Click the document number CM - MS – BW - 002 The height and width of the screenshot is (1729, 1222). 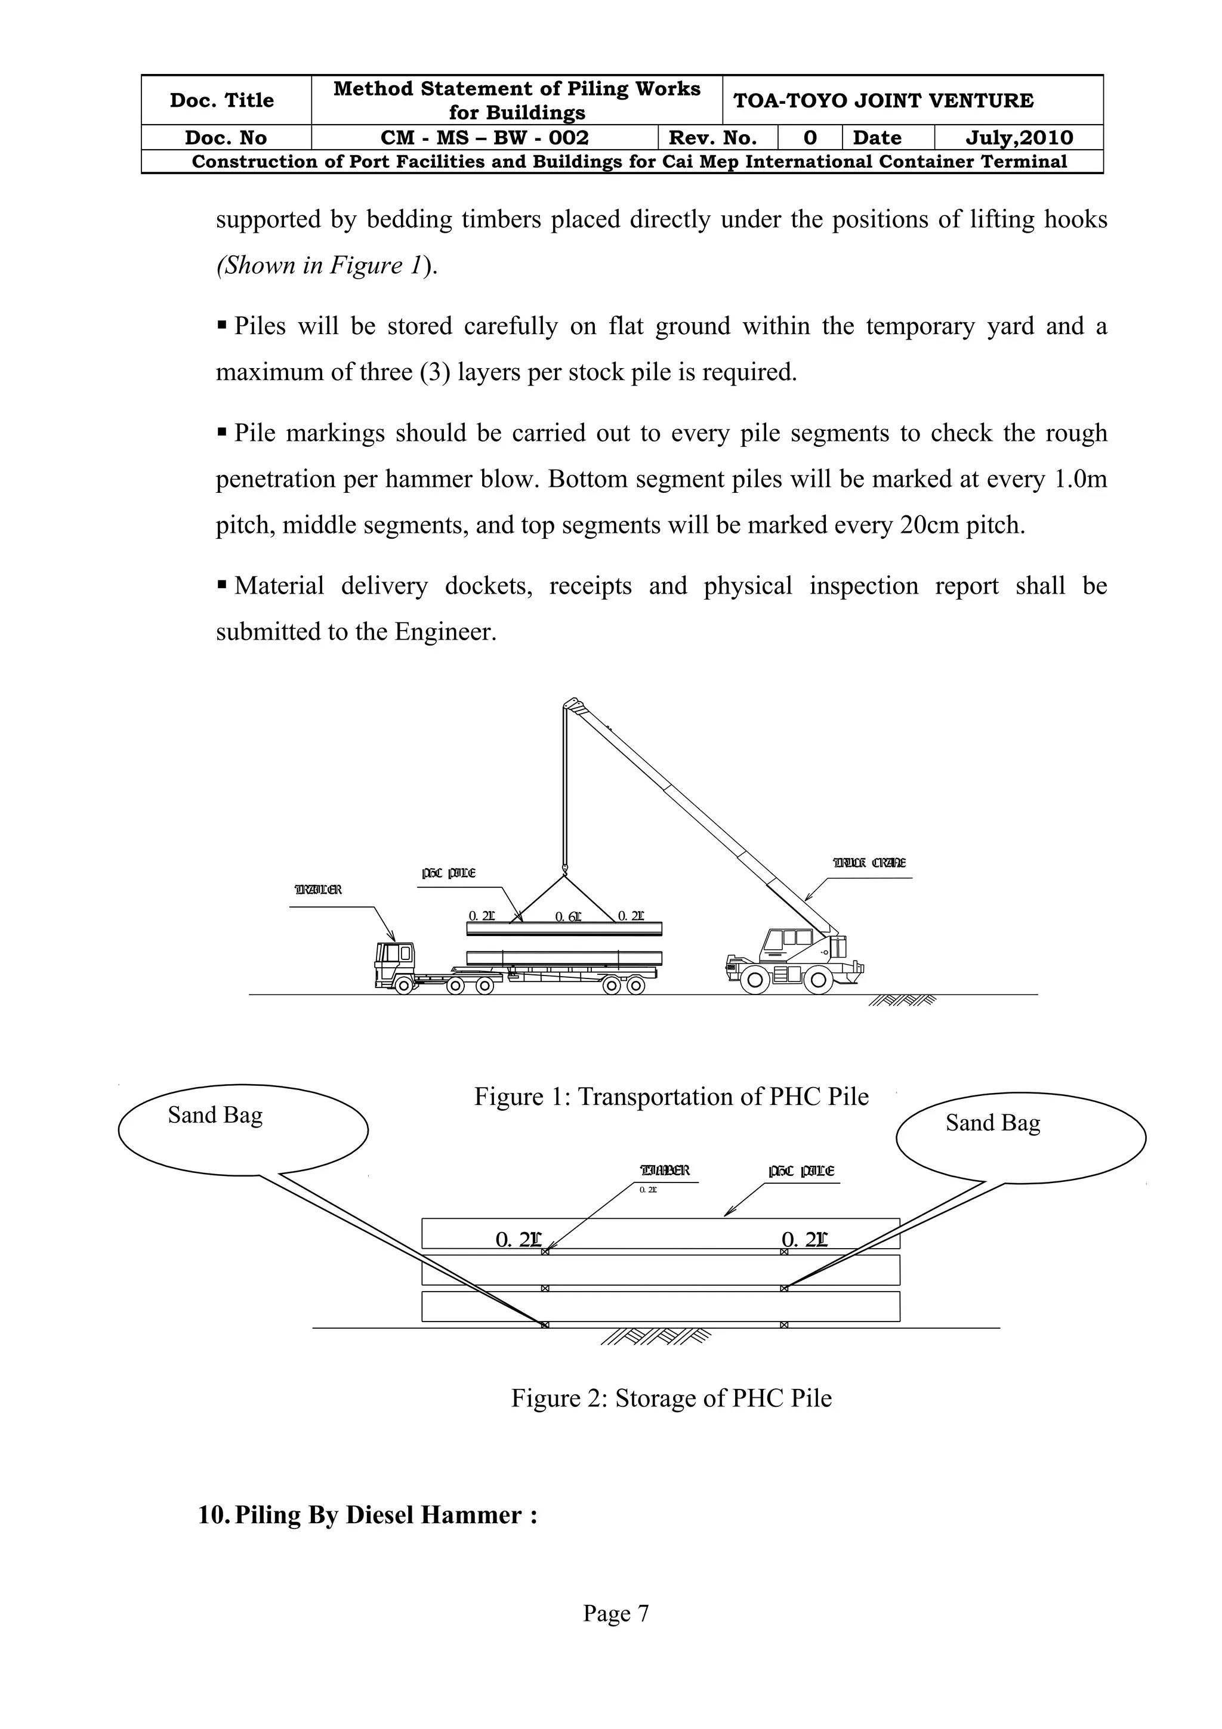click(484, 138)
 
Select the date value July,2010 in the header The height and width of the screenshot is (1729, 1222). click(1019, 138)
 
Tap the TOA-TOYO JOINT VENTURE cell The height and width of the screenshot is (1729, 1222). click(883, 100)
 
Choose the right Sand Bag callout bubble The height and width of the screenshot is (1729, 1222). click(1020, 1137)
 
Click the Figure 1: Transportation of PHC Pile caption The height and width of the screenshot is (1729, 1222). click(671, 1097)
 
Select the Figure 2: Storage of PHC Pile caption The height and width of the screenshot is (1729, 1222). click(671, 1398)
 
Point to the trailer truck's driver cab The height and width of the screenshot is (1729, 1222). click(394, 962)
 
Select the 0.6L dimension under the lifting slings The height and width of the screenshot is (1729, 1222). click(567, 916)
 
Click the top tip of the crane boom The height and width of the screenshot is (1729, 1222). click(572, 706)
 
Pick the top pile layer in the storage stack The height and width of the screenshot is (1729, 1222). click(661, 1233)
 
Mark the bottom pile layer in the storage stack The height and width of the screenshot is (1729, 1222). click(661, 1307)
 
